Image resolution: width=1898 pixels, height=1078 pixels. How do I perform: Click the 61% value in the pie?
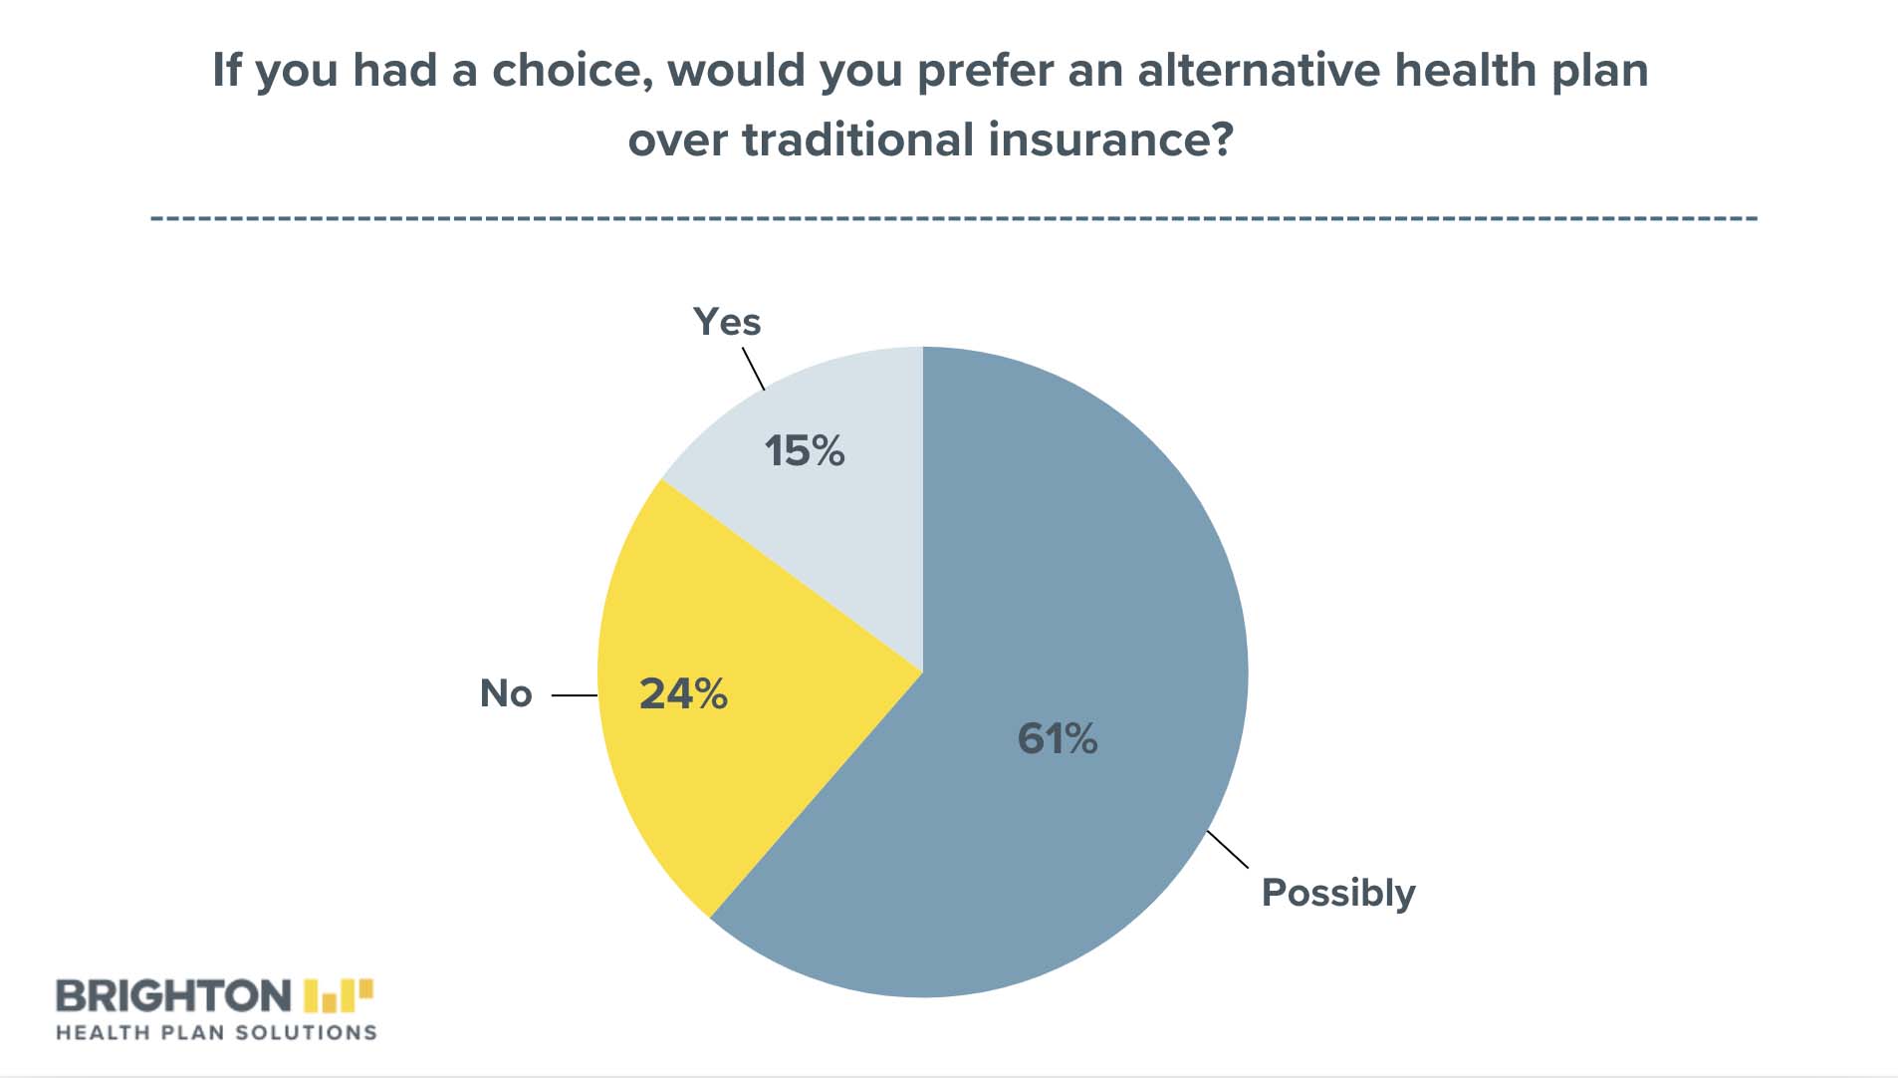(1057, 738)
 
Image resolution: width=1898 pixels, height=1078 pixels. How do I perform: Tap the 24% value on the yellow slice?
(683, 693)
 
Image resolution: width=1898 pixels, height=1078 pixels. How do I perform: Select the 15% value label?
(805, 450)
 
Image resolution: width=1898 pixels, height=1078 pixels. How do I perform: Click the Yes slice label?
(727, 322)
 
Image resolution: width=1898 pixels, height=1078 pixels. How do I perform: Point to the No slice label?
(506, 693)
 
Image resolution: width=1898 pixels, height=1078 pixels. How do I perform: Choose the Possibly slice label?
(1338, 894)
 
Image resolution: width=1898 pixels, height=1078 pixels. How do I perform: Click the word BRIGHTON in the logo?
(173, 996)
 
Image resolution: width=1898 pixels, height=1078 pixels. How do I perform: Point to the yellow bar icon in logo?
(339, 995)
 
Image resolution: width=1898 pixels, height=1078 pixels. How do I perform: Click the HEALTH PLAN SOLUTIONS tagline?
(216, 1033)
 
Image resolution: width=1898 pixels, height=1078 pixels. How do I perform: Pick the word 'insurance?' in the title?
(1111, 139)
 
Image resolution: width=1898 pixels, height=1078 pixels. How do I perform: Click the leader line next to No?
(575, 695)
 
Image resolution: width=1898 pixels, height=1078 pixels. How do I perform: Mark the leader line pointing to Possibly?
(1228, 849)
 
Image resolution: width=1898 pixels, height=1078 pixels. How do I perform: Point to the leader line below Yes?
(754, 369)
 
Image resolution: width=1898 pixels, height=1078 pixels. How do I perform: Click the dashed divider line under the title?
(954, 217)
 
